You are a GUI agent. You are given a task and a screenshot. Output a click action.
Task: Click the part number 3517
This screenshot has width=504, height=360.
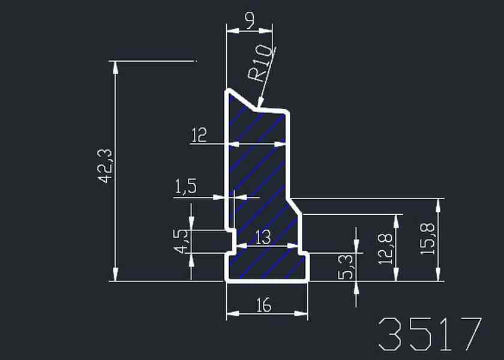[430, 334]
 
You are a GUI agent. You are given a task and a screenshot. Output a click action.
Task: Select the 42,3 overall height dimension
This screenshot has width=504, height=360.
[105, 166]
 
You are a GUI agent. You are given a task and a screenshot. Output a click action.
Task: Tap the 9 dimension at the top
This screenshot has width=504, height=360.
[250, 20]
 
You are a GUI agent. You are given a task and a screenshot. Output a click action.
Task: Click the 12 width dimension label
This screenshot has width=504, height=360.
[199, 135]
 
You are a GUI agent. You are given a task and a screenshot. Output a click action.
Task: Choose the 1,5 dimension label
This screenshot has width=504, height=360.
[185, 187]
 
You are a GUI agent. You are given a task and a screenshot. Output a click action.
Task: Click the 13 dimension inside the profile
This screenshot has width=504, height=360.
[263, 238]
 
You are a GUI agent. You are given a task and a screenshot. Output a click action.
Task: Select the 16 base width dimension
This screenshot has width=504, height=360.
[264, 305]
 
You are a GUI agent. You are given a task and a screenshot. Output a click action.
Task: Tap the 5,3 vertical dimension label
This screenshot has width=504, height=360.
[346, 266]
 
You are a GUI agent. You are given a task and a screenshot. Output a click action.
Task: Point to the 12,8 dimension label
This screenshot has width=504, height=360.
[386, 249]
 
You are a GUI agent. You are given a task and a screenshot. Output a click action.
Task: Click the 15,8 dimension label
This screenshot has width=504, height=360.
[427, 239]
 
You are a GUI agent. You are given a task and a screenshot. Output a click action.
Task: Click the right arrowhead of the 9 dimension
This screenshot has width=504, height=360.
[266, 31]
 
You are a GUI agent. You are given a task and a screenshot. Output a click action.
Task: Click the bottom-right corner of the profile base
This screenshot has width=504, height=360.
[308, 281]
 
